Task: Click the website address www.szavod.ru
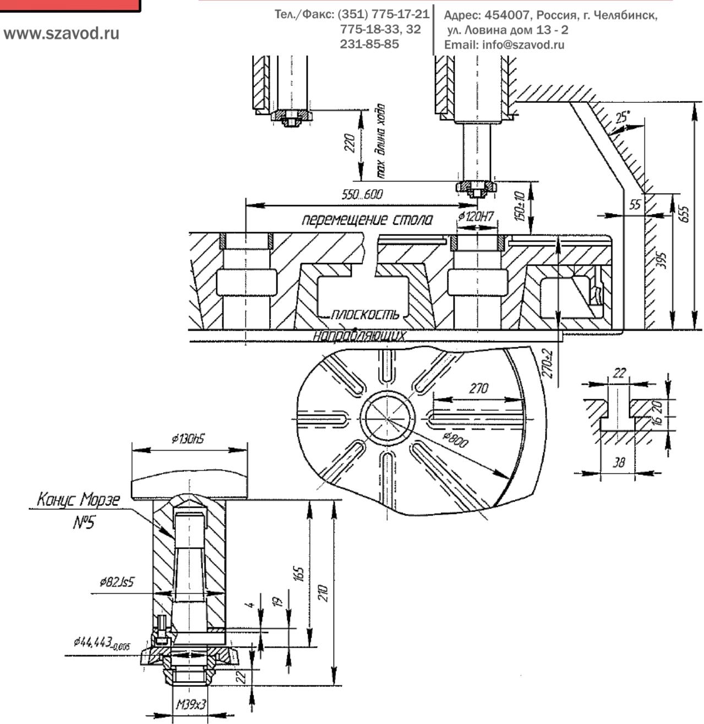[x=62, y=34]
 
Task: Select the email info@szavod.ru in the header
[x=504, y=45]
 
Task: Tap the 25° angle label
[x=622, y=117]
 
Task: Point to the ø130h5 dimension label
[x=189, y=440]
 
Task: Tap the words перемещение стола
[x=367, y=221]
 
